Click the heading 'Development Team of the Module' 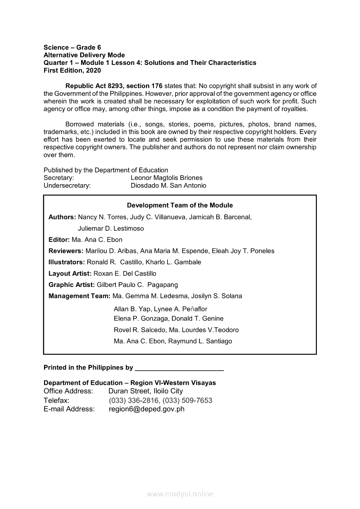coord(180,206)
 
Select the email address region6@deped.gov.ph coord(146,409)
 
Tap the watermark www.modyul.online coord(180,494)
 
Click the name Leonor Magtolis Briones coord(166,178)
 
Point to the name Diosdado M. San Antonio coord(168,185)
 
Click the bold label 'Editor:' coord(59,239)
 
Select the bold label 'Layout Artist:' coord(70,273)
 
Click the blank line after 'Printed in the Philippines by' coord(180,368)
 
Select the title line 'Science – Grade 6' coord(72,47)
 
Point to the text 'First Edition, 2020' coord(72,70)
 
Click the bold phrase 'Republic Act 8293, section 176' coord(114,86)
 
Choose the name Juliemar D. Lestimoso coord(111,228)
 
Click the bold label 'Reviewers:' coord(66,251)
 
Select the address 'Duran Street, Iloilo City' coord(146,391)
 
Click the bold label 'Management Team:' coord(80,296)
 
